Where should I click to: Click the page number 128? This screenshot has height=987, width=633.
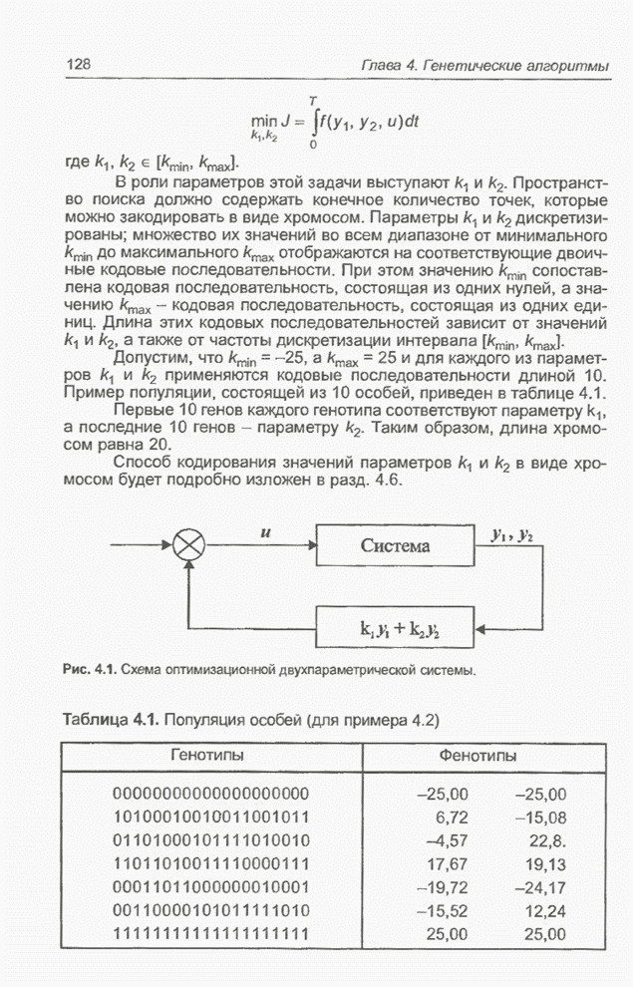79,65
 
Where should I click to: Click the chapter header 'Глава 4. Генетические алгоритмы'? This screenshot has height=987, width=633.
484,65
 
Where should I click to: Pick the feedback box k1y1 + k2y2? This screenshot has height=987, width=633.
396,628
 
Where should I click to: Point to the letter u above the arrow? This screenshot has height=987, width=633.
265,532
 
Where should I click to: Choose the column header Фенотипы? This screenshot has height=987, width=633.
477,758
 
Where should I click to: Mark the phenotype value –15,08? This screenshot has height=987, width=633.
539,818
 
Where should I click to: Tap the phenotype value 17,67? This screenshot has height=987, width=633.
447,864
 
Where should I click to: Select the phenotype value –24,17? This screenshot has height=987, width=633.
539,887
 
